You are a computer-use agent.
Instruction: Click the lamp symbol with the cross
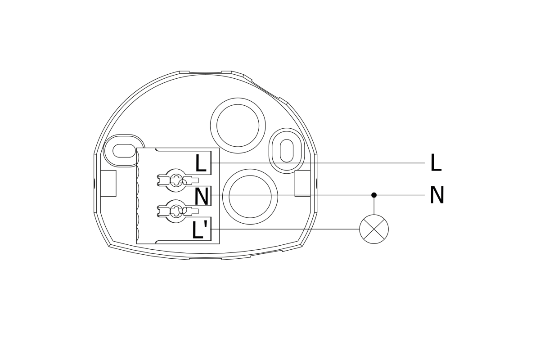tap(374, 229)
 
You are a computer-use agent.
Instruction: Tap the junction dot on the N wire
tap(374, 195)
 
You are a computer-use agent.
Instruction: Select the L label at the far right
tap(436, 163)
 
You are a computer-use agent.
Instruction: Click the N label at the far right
tap(437, 195)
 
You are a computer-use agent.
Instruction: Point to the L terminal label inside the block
tap(201, 163)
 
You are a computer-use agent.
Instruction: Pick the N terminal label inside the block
tap(201, 197)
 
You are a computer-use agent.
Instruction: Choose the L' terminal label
tap(200, 230)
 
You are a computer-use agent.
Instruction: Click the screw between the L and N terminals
tap(176, 180)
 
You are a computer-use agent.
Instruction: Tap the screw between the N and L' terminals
tap(176, 211)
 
